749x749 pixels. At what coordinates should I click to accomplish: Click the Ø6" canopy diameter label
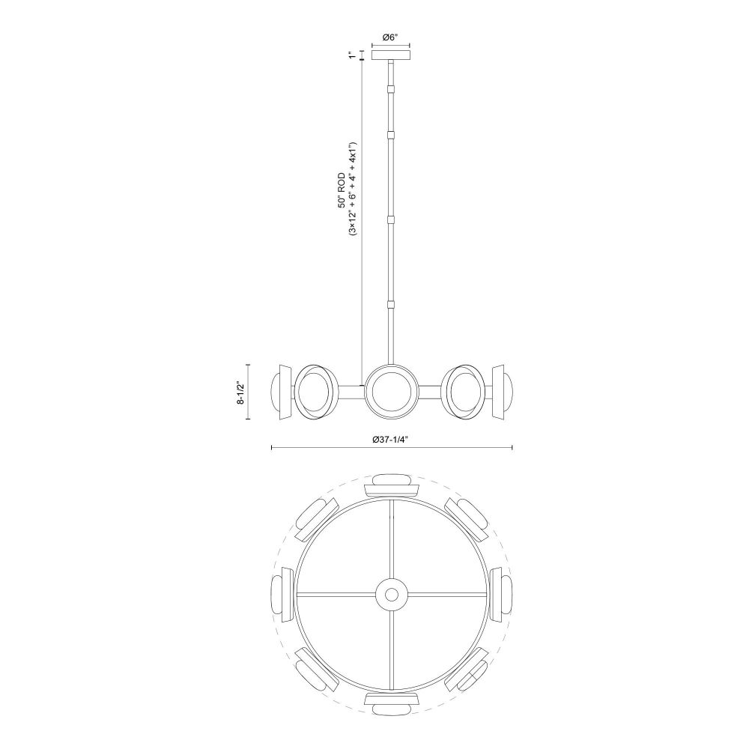391,37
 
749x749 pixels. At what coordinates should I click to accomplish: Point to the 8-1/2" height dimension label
240,392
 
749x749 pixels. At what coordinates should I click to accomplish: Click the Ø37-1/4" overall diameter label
391,440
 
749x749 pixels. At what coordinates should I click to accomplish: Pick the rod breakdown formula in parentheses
353,189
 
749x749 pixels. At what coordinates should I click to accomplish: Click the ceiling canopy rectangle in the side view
391,55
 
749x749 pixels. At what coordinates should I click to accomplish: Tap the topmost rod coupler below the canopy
392,88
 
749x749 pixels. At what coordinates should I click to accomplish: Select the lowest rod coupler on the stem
392,304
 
